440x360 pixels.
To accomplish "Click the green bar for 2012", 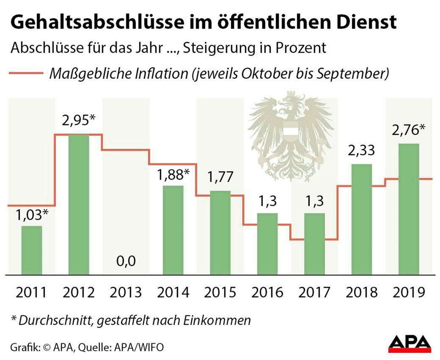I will click(x=79, y=204).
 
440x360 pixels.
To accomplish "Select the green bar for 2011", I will click(x=31, y=250).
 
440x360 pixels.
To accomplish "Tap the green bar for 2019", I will click(x=409, y=209).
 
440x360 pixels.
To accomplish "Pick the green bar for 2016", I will click(x=267, y=244).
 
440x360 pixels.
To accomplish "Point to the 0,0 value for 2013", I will click(x=126, y=261).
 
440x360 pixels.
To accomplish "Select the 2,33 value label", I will click(x=361, y=150).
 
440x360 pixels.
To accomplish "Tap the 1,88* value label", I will click(x=173, y=175).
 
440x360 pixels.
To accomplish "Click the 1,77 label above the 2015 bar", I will click(x=220, y=177).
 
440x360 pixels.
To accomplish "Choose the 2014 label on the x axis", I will click(x=173, y=292).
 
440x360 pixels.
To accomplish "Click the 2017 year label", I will click(x=314, y=292).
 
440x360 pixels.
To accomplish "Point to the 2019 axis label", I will click(x=409, y=292).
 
